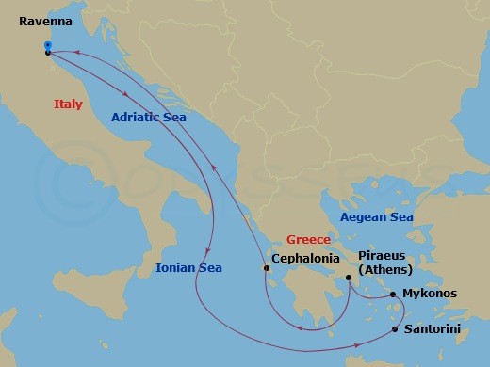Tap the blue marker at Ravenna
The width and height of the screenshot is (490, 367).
click(47, 44)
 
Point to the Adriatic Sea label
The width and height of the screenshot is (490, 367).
click(148, 118)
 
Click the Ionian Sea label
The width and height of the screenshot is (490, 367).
click(189, 268)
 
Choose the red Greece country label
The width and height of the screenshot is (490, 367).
click(309, 240)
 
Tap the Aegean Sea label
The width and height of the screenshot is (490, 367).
click(376, 217)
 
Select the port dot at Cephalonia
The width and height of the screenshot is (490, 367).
click(266, 270)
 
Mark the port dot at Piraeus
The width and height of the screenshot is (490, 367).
click(349, 278)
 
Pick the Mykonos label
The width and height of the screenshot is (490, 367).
click(429, 294)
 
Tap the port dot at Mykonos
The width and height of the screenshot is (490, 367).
click(393, 295)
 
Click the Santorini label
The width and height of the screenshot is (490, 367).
click(432, 330)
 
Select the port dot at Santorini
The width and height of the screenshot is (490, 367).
click(395, 330)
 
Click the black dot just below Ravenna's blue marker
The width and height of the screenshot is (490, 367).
click(47, 53)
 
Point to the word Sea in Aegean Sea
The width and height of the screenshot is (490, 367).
click(400, 217)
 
